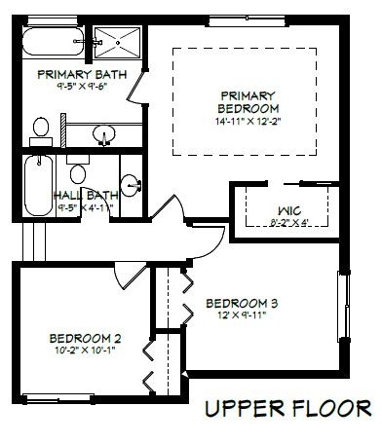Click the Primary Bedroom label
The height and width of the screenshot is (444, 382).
point(248,102)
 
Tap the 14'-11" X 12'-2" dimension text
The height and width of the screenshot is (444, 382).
point(248,122)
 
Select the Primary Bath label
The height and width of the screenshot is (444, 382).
point(82,74)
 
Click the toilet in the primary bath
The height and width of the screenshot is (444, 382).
point(41,131)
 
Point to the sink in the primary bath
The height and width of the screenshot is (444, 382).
point(104,134)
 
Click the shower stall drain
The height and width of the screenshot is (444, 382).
point(118,43)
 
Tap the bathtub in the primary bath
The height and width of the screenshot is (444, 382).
point(54,42)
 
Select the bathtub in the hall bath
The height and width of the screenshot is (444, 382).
point(39,186)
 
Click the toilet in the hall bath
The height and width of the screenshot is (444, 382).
point(78,169)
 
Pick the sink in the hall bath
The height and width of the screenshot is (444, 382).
point(131,185)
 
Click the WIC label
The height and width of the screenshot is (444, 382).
point(289,211)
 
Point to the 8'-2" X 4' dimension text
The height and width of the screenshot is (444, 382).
point(289,223)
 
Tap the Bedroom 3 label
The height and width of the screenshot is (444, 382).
point(242,303)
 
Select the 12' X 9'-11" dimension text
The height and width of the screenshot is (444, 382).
point(242,315)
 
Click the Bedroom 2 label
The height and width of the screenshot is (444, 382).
point(85,339)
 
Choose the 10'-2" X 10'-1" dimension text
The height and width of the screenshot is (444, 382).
point(86,351)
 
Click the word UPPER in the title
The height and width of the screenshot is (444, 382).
point(245,408)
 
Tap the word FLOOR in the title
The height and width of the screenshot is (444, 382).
point(330,408)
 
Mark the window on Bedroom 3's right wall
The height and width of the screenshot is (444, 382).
point(344,306)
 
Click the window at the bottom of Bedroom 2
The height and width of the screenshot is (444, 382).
point(57,398)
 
